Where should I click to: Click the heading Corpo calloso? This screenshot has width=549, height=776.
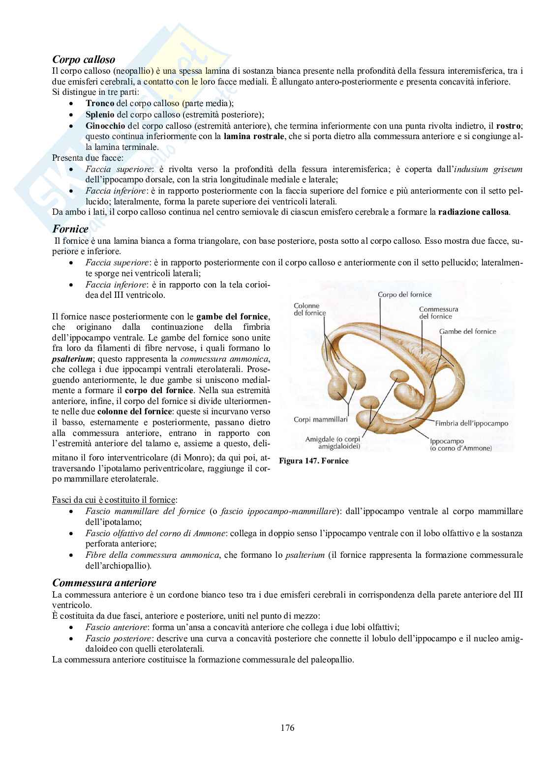click(x=84, y=59)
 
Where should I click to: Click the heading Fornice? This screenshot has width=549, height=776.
click(x=70, y=229)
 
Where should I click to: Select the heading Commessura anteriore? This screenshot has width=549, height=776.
click(x=104, y=583)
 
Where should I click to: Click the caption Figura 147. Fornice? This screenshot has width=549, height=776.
click(x=314, y=461)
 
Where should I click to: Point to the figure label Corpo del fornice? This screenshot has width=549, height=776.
click(x=404, y=294)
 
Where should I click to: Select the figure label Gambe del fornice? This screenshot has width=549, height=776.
click(x=467, y=331)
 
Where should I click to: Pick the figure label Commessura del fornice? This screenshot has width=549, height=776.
click(x=438, y=313)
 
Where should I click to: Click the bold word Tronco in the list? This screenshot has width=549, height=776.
click(x=99, y=103)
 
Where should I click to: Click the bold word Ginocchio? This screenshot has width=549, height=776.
click(x=105, y=125)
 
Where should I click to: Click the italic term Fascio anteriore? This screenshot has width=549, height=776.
click(x=117, y=627)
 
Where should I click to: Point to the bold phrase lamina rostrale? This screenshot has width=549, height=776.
click(x=253, y=136)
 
